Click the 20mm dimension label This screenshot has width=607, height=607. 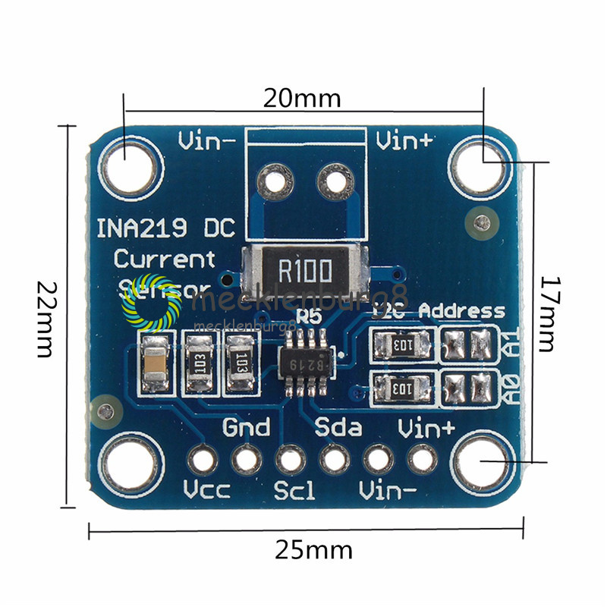click(301, 99)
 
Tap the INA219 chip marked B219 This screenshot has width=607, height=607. click(307, 363)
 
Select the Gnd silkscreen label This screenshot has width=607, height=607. click(246, 427)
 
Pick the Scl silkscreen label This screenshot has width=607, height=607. click(294, 490)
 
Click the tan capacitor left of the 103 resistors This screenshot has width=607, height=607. click(156, 362)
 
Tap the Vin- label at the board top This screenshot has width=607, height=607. click(206, 141)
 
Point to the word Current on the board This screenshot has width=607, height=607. click(165, 259)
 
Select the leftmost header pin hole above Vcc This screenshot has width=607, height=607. click(203, 459)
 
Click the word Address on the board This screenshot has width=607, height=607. click(461, 311)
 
